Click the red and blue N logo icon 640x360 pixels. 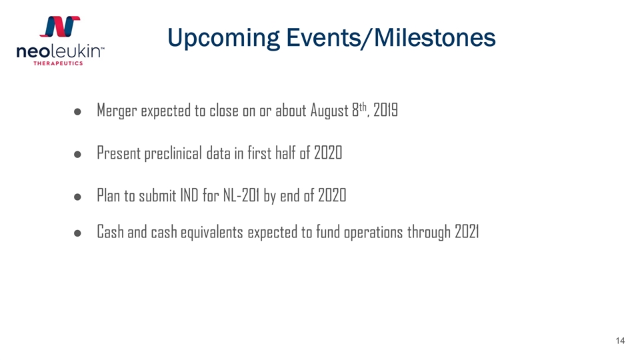[x=60, y=27]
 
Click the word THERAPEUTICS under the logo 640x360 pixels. [x=58, y=63]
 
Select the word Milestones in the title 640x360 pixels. [x=435, y=37]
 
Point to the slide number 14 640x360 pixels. [x=620, y=341]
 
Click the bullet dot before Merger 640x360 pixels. [x=77, y=111]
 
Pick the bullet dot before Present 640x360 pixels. [x=77, y=154]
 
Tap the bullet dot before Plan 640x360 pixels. [x=77, y=197]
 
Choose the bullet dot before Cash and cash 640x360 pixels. [x=77, y=233]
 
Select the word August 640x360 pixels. [x=329, y=111]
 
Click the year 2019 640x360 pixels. [x=386, y=109]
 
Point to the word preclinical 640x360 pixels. [x=173, y=153]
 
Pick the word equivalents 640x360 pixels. [x=212, y=232]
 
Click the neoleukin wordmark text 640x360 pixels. [x=60, y=51]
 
